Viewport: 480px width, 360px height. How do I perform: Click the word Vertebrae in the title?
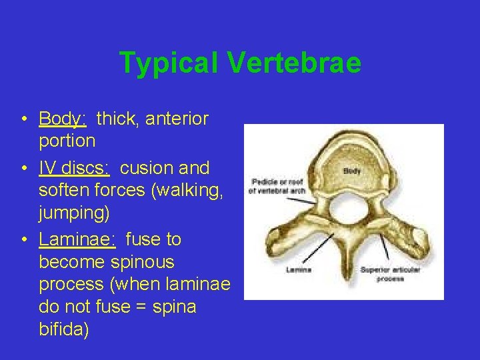pos(294,63)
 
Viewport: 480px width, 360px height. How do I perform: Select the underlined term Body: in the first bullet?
pos(63,119)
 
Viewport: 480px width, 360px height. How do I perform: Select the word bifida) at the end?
pos(64,329)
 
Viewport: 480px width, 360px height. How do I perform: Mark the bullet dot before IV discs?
pos(23,168)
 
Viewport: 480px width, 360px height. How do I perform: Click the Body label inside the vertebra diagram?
pos(352,171)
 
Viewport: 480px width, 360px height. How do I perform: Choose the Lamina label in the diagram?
pos(299,270)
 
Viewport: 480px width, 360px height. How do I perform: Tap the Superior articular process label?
pos(382,274)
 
